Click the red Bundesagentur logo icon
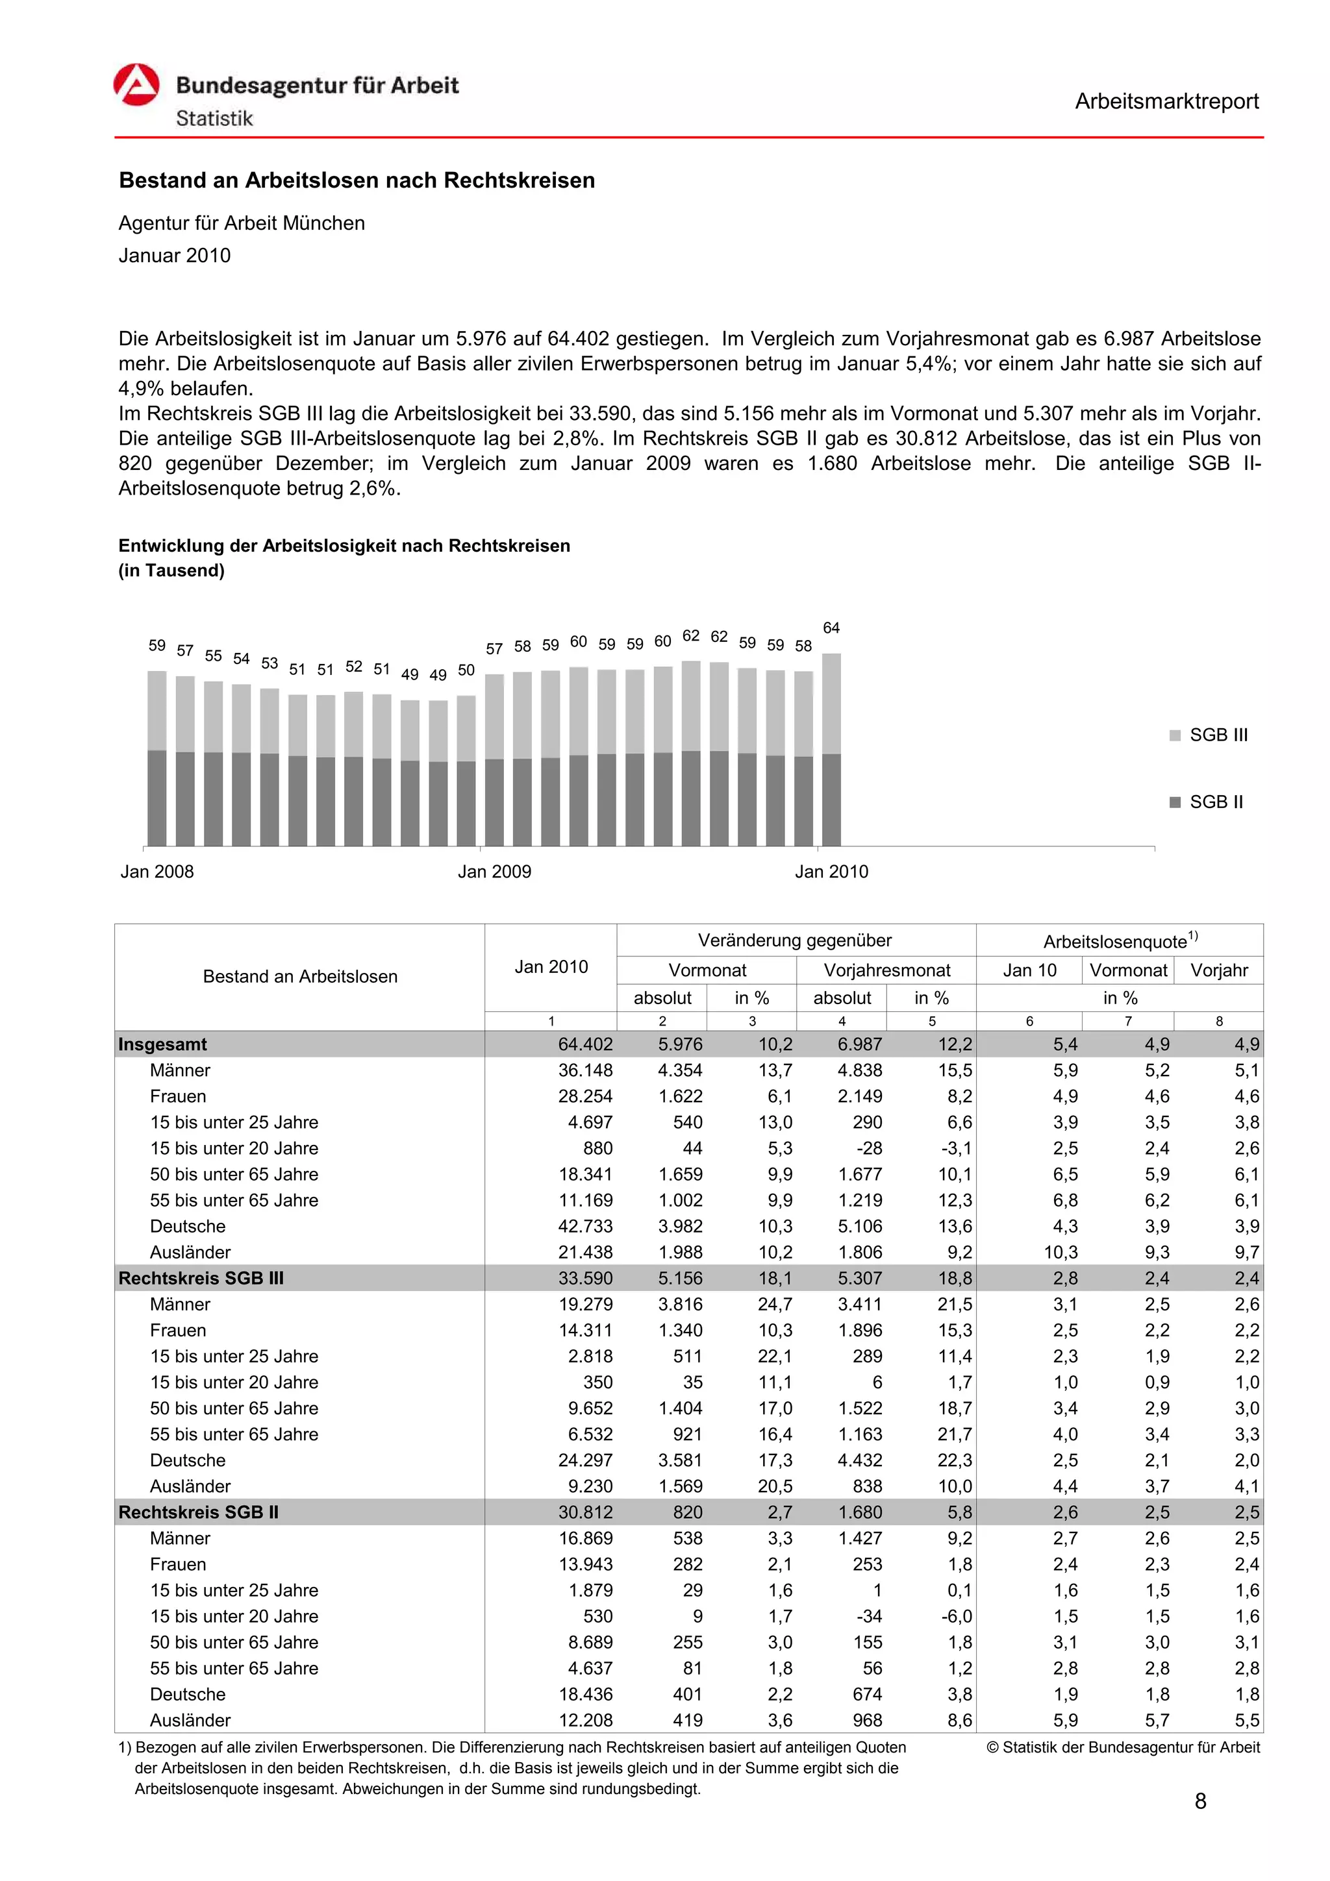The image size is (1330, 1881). [x=136, y=85]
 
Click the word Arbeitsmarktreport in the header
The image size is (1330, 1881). [x=1166, y=102]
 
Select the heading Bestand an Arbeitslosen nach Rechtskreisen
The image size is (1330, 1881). [x=357, y=180]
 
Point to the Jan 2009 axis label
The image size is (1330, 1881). [x=494, y=872]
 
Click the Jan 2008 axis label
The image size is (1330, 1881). [x=157, y=872]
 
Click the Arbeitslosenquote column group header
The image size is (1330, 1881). [x=1120, y=940]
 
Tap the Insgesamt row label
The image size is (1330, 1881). [x=162, y=1044]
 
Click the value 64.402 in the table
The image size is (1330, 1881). [x=585, y=1044]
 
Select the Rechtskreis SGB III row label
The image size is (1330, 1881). [x=201, y=1278]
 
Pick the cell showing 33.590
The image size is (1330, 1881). [x=585, y=1278]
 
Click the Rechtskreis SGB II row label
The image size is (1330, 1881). [x=198, y=1512]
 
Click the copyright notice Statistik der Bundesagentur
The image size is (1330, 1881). [x=1123, y=1747]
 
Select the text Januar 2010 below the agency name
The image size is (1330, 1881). [x=175, y=256]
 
